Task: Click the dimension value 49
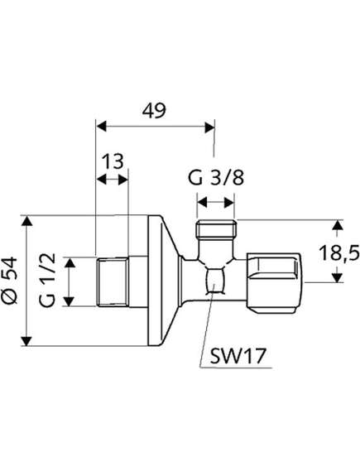pyautogui.click(x=154, y=111)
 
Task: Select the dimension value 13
pyautogui.click(x=113, y=161)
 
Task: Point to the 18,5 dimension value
pyautogui.click(x=338, y=253)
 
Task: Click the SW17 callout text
pyautogui.click(x=238, y=356)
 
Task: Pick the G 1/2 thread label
pyautogui.click(x=47, y=280)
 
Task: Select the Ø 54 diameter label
pyautogui.click(x=10, y=281)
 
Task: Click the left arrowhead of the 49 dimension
pyautogui.click(x=101, y=127)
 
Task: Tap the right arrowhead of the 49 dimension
pyautogui.click(x=209, y=127)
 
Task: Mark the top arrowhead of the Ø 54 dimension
pyautogui.click(x=27, y=221)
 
